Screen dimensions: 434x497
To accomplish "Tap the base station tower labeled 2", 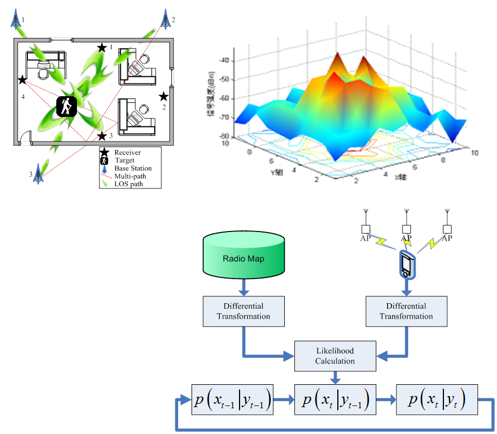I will click(165, 19).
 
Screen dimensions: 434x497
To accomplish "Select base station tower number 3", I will click(38, 173).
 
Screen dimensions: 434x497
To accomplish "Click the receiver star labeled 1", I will click(102, 48).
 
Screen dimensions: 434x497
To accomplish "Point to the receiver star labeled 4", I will click(22, 81).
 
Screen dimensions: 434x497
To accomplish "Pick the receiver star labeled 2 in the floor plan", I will click(164, 96).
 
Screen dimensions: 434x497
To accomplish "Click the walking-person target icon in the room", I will click(66, 106).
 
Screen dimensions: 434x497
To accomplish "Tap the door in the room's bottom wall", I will click(25, 143).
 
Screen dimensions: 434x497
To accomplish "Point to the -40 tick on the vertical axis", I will click(226, 62).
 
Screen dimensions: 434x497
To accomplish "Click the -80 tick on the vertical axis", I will click(226, 136).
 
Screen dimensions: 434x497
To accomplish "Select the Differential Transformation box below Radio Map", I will click(243, 311).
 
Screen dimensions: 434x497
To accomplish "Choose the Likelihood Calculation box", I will click(334, 356).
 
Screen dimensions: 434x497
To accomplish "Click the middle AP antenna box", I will click(407, 229).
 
